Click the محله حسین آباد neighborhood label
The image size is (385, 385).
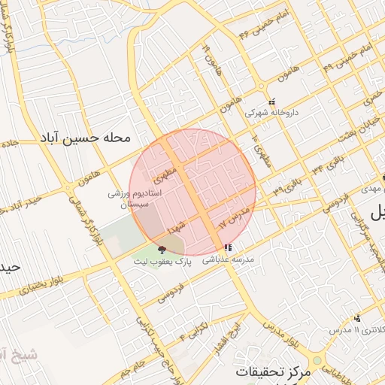[x=87, y=139]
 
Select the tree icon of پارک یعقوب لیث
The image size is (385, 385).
[x=161, y=250]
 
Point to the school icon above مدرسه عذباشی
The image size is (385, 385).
[x=229, y=247]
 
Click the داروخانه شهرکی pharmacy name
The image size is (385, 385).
[x=272, y=113]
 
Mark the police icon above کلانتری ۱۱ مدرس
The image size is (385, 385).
[x=356, y=317]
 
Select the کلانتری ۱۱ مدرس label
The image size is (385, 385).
[x=358, y=329]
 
